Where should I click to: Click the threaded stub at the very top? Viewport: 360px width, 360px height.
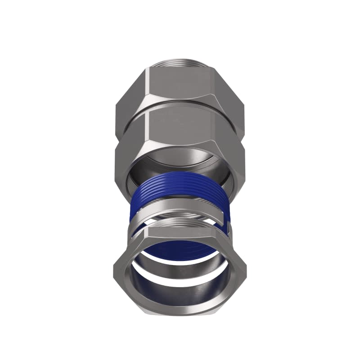[x=180, y=63]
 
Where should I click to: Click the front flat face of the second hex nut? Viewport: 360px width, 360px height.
[x=180, y=130]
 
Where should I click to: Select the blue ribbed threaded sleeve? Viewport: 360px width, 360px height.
[x=180, y=191]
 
